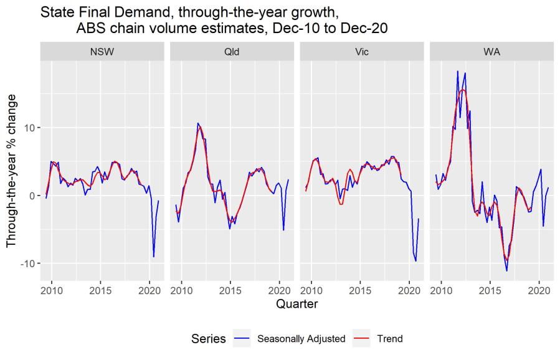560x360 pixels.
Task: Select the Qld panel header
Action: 232,52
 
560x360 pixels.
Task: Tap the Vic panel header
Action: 361,52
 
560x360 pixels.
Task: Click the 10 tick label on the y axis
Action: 29,128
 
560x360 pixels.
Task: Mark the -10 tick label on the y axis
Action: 27,263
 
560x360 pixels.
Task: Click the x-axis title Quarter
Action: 297,305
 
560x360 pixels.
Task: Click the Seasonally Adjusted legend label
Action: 301,339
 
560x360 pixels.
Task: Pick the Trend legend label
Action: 390,339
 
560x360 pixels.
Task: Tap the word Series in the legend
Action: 209,339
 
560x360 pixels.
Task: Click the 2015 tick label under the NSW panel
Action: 100,290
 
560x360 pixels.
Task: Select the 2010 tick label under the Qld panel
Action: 182,290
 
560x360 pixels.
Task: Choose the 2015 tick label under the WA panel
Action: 490,290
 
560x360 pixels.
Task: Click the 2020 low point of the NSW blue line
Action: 153,257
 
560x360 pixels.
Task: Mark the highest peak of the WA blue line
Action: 458,71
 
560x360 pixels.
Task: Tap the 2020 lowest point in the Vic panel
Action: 416,261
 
